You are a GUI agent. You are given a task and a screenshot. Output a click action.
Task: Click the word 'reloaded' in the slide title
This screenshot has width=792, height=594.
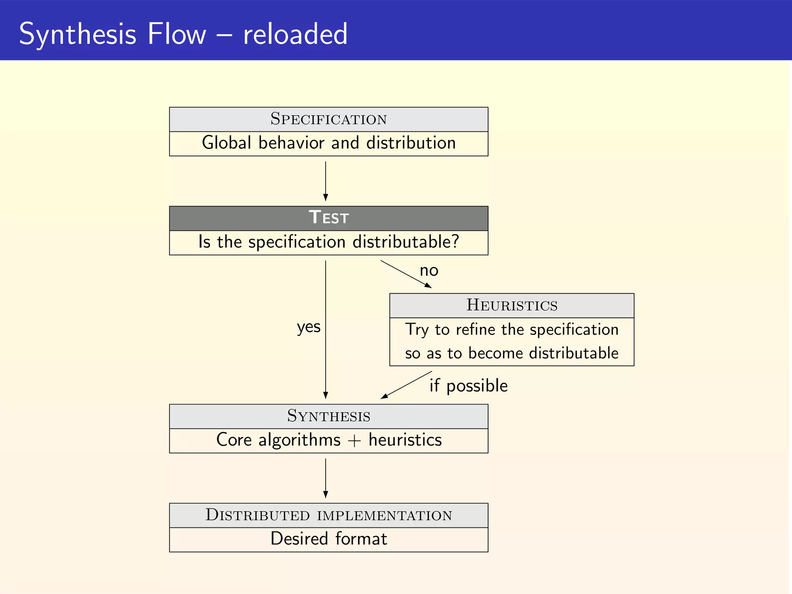click(295, 34)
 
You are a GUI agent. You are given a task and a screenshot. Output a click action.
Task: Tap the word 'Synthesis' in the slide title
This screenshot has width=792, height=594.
click(77, 35)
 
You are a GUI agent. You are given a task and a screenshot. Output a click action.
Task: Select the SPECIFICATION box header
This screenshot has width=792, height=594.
click(328, 119)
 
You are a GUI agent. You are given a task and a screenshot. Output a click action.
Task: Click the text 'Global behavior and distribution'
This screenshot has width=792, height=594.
click(328, 143)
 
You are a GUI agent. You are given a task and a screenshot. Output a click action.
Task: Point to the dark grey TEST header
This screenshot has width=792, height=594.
click(328, 218)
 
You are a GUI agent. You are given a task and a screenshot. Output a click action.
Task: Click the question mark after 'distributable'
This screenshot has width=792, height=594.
click(455, 241)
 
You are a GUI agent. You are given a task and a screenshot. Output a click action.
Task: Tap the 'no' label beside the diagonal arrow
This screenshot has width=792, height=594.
click(429, 271)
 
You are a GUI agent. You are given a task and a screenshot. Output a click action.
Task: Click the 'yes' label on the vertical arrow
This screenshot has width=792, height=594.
click(309, 327)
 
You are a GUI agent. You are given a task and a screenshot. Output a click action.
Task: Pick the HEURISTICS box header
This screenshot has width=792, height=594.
click(512, 306)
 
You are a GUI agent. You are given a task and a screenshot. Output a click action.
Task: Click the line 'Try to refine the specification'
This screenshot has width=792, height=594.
click(512, 330)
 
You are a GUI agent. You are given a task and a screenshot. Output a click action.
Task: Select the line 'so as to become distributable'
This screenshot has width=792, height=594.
click(512, 353)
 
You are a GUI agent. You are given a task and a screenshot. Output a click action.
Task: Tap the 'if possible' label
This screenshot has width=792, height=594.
click(468, 386)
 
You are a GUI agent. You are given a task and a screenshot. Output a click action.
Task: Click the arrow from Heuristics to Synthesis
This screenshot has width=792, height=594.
click(406, 385)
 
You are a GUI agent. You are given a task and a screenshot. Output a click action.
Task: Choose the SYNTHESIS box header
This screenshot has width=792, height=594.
click(328, 416)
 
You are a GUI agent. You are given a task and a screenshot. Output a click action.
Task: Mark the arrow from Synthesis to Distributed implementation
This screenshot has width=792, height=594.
click(326, 478)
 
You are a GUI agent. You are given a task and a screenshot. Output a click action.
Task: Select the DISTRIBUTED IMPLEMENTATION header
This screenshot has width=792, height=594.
click(328, 515)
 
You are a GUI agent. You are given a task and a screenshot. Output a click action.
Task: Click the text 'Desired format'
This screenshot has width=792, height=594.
click(328, 539)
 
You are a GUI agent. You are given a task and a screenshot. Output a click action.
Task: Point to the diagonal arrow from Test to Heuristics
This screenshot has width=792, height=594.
click(406, 274)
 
